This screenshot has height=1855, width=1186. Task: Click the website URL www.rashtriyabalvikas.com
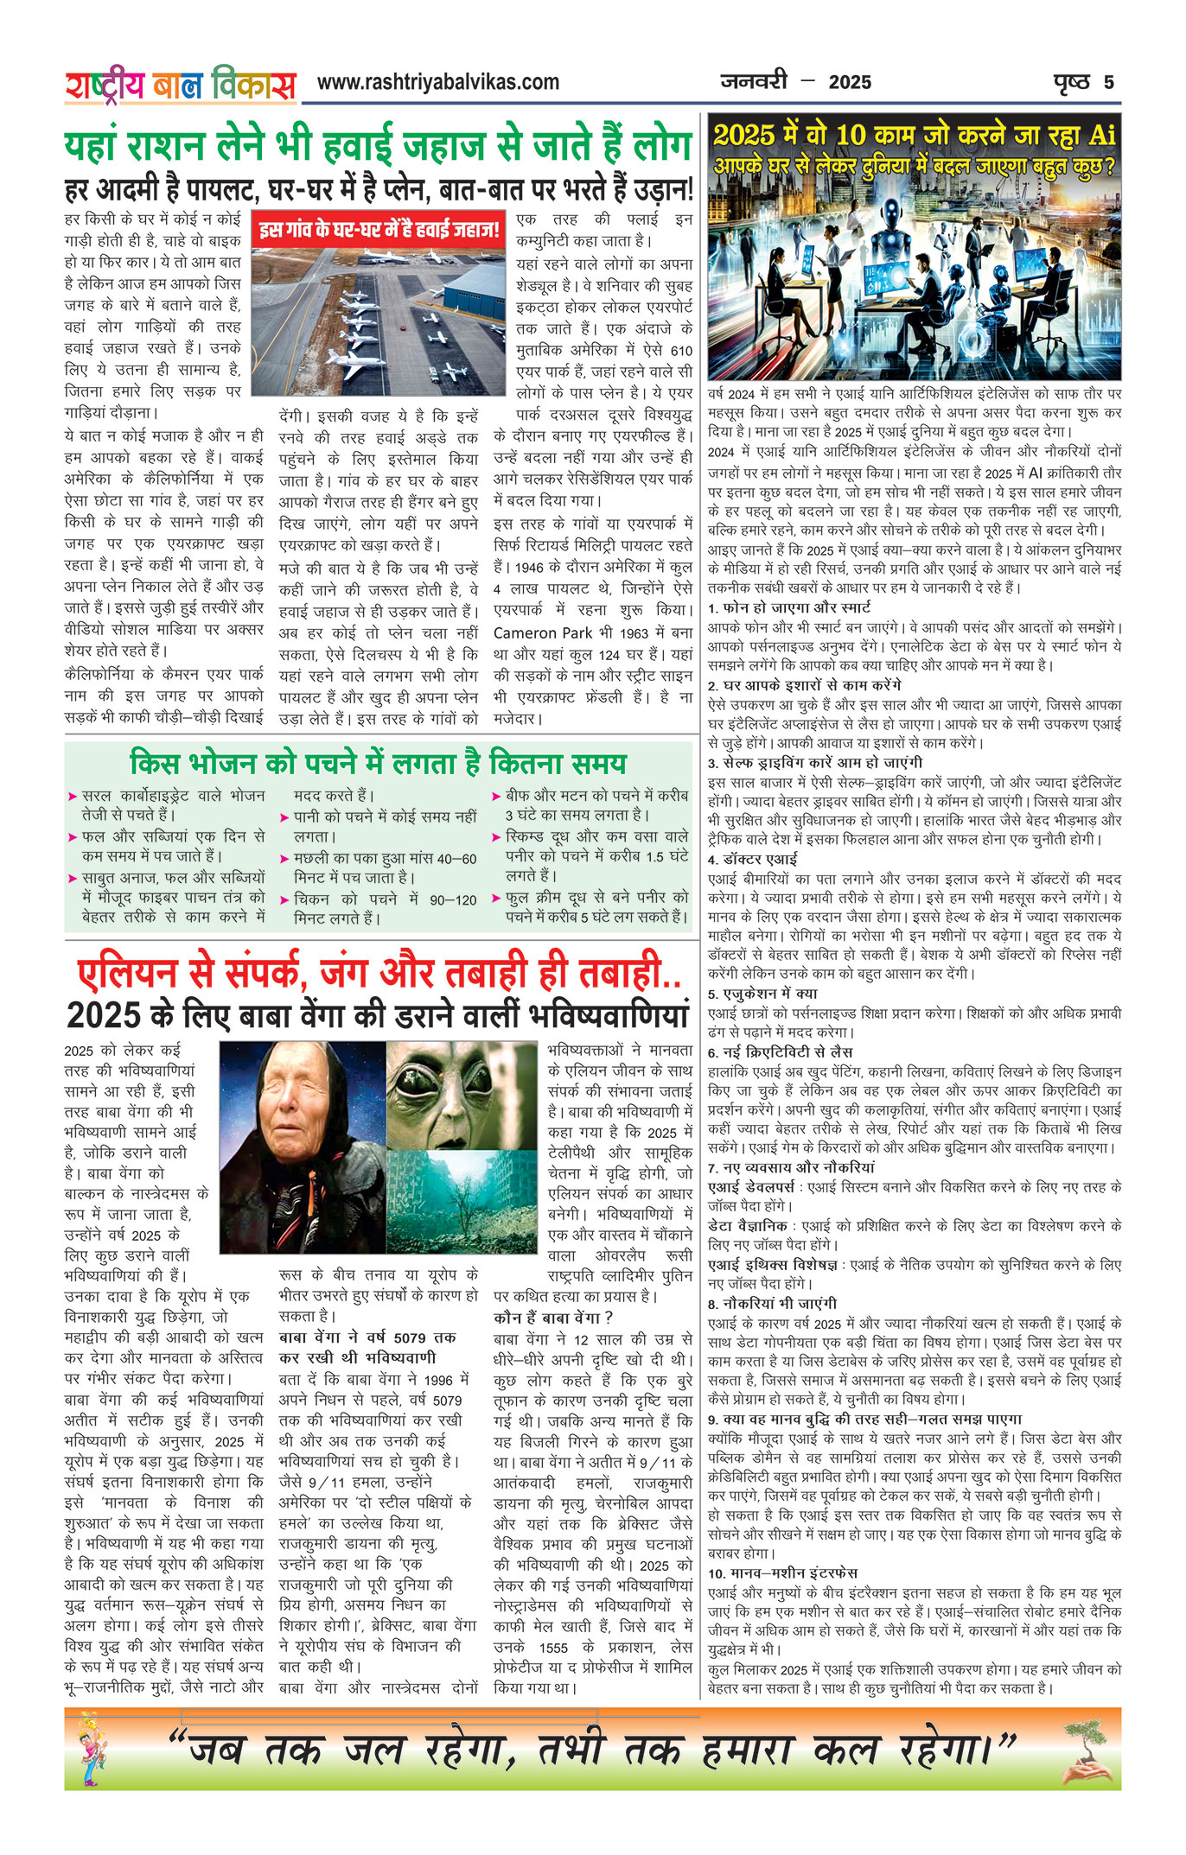click(437, 83)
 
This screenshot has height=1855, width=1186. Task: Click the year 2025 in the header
click(850, 83)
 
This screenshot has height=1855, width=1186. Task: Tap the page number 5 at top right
click(1108, 83)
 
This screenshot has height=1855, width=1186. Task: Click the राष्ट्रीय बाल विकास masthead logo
click(180, 85)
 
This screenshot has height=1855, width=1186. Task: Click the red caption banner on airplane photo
click(378, 230)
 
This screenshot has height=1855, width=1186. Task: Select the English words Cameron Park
click(546, 633)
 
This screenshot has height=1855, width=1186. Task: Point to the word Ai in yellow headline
click(1101, 136)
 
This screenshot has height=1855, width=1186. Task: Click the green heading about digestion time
click(378, 764)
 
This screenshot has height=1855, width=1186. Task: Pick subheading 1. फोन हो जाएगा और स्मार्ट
click(788, 608)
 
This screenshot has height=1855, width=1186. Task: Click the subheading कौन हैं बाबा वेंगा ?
click(552, 1318)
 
